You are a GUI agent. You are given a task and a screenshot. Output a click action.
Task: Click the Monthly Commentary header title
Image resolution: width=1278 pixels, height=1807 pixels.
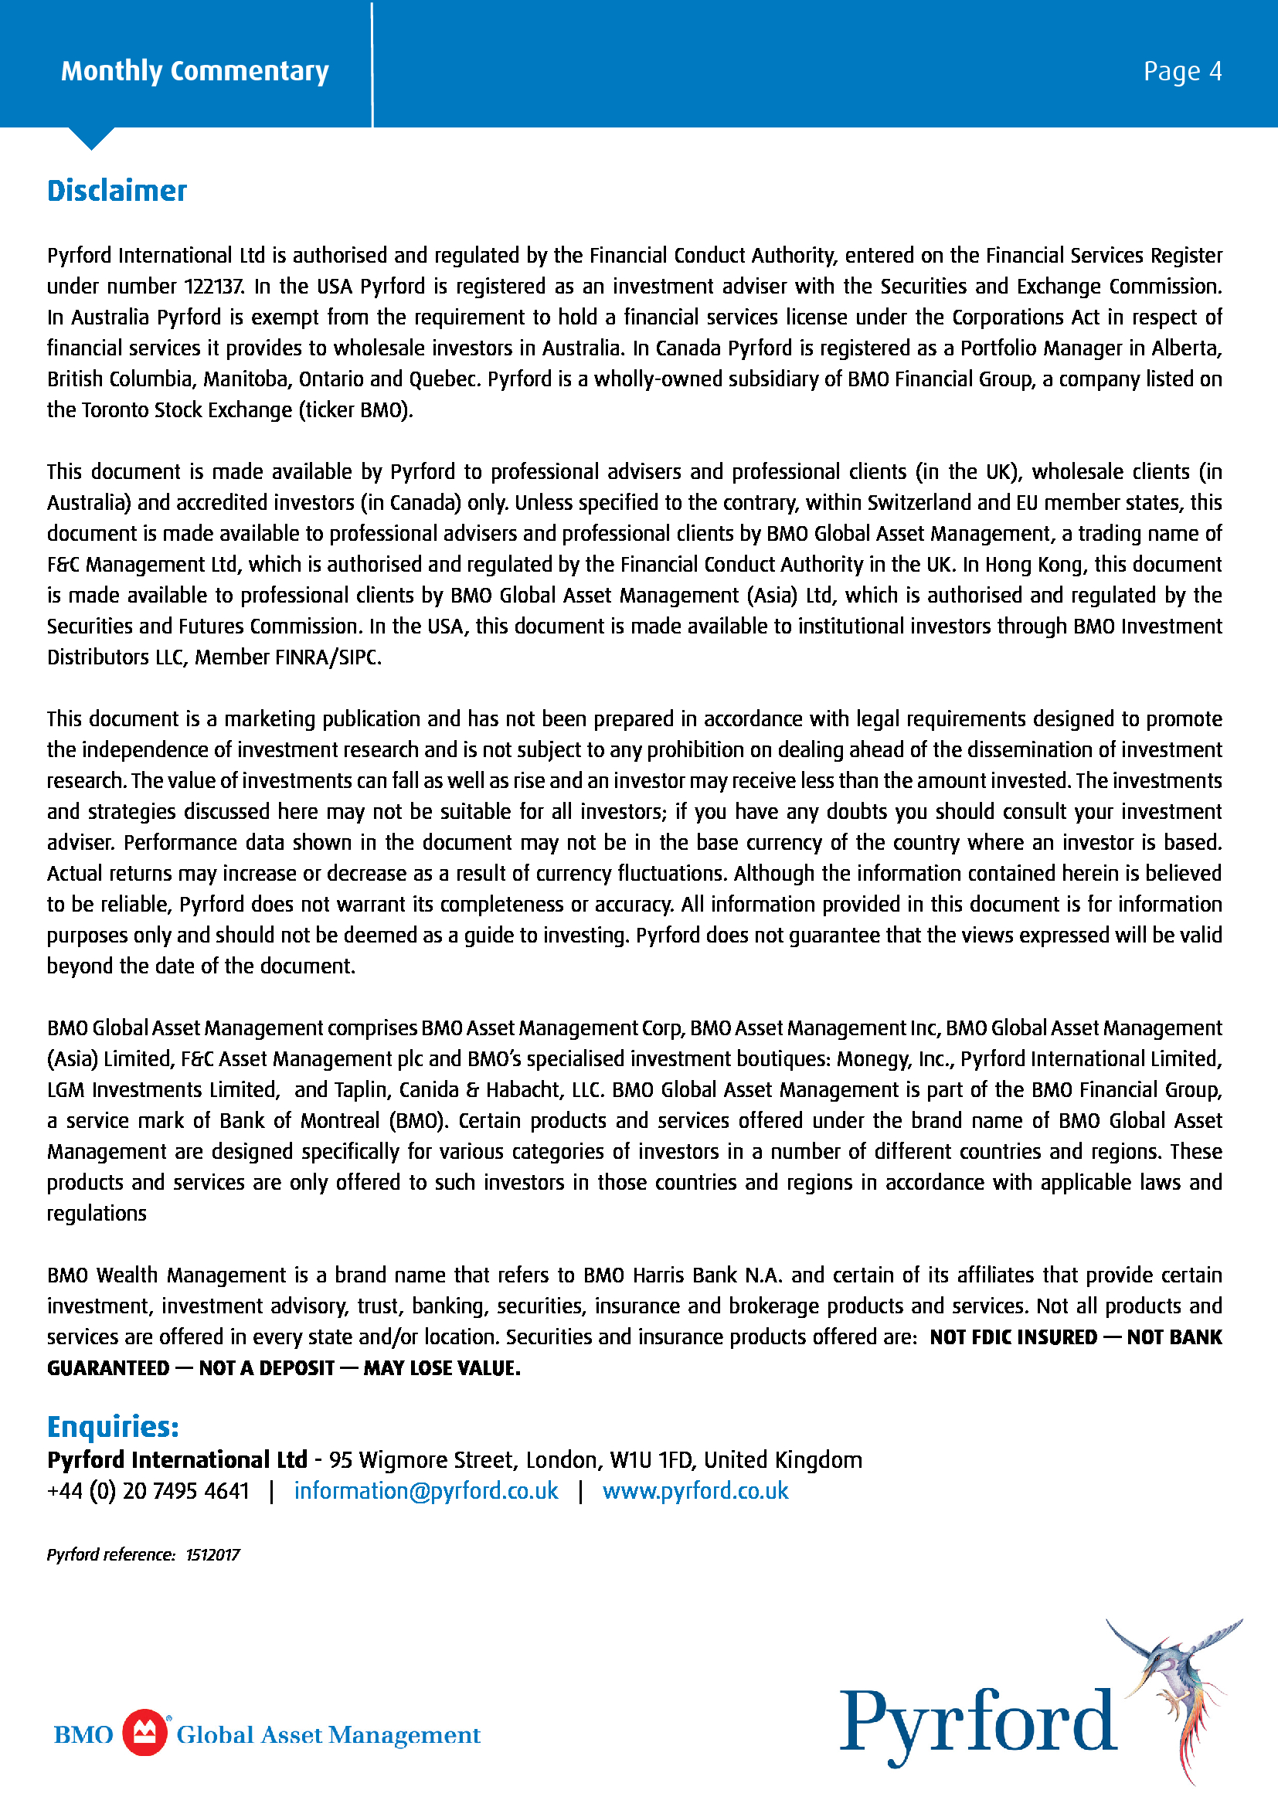pyautogui.click(x=195, y=71)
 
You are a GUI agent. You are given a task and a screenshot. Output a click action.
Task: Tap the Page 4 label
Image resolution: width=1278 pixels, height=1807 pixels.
pyautogui.click(x=1182, y=72)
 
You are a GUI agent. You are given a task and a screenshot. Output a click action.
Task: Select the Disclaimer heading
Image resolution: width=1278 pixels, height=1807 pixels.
pyautogui.click(x=117, y=192)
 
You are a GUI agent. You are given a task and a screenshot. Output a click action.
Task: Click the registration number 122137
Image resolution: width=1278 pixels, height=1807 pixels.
pyautogui.click(x=214, y=287)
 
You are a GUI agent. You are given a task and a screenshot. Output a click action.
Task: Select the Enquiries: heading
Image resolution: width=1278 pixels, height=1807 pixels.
pyautogui.click(x=114, y=1427)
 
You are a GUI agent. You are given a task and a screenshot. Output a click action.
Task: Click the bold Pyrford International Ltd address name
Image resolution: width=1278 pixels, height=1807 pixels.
pyautogui.click(x=177, y=1460)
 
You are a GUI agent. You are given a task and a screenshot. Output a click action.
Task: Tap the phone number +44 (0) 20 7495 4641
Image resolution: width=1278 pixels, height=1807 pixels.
pyautogui.click(x=148, y=1490)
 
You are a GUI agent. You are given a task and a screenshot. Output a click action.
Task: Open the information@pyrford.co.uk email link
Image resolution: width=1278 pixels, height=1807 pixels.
pyautogui.click(x=426, y=1490)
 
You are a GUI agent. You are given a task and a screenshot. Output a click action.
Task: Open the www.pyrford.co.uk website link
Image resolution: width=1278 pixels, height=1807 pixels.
pyautogui.click(x=695, y=1490)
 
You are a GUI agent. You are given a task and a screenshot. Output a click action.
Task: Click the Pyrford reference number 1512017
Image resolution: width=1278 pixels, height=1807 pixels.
pyautogui.click(x=212, y=1554)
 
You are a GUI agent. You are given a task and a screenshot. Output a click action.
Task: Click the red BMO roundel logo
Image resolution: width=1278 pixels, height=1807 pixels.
pyautogui.click(x=144, y=1733)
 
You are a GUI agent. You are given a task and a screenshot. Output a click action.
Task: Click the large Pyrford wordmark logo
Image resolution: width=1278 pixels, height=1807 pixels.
pyautogui.click(x=977, y=1725)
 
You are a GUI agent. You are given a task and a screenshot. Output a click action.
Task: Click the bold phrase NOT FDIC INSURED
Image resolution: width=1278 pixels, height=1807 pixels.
pyautogui.click(x=1013, y=1338)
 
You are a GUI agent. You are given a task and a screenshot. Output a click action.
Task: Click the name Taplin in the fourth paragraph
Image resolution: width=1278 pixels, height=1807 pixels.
pyautogui.click(x=360, y=1090)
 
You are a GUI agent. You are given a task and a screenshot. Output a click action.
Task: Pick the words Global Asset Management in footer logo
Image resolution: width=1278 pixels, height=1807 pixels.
pyautogui.click(x=328, y=1734)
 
